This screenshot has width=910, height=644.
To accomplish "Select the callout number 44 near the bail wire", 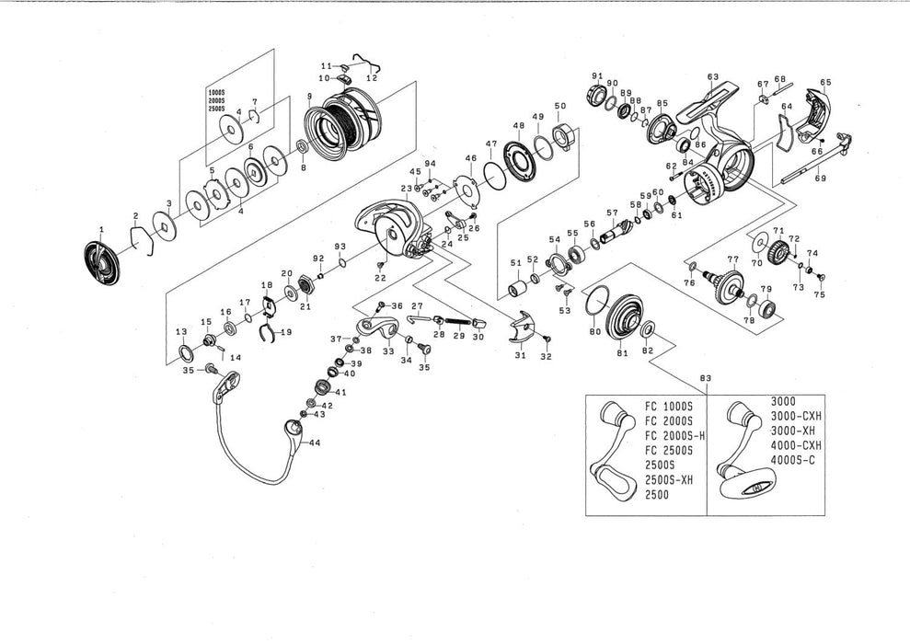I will coord(316,443).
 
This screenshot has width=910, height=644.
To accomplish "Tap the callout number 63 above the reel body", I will coord(713,76).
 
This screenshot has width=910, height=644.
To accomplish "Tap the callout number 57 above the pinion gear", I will coord(612,213).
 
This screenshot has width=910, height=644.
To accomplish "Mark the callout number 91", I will coord(596,75).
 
